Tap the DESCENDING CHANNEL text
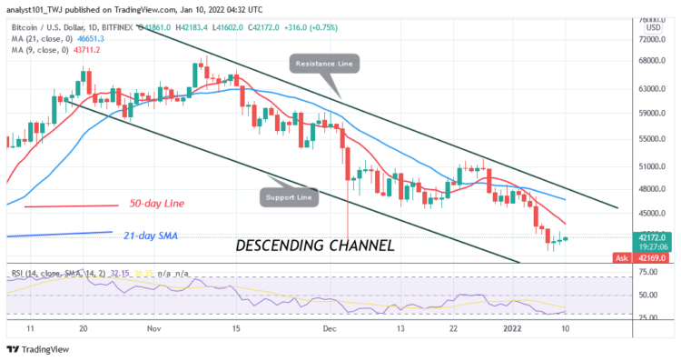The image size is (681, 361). click(314, 246)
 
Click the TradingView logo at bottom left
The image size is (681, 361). click(37, 350)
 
